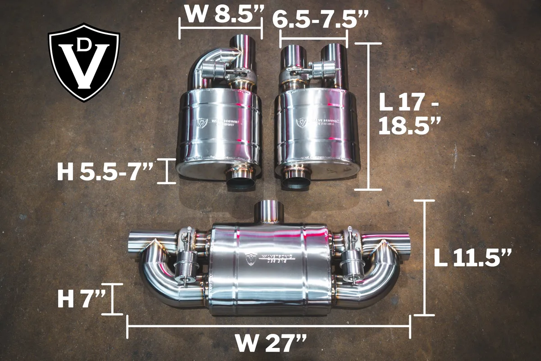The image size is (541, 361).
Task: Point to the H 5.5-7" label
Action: (105, 171)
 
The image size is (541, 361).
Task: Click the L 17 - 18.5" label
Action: (408, 115)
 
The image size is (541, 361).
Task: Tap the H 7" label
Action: (82, 299)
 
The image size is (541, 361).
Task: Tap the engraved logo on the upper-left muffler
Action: (220, 123)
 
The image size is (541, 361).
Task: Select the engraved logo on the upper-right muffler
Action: (318, 122)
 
